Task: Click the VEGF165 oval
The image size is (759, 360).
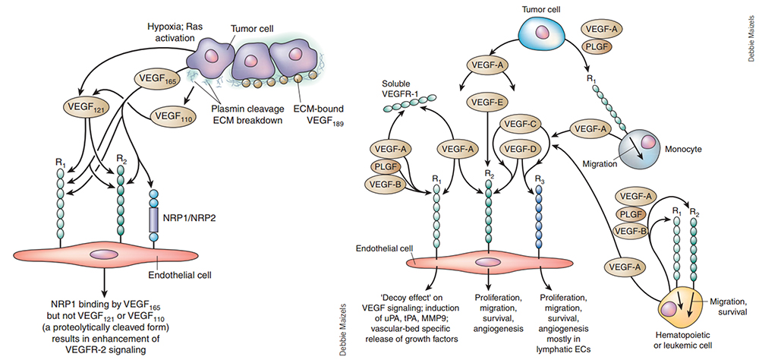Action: [156, 77]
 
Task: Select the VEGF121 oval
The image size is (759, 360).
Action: [87, 107]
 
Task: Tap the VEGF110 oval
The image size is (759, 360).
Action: [174, 117]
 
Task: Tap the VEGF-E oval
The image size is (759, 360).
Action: [488, 100]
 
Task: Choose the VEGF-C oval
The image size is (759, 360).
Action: [521, 125]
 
